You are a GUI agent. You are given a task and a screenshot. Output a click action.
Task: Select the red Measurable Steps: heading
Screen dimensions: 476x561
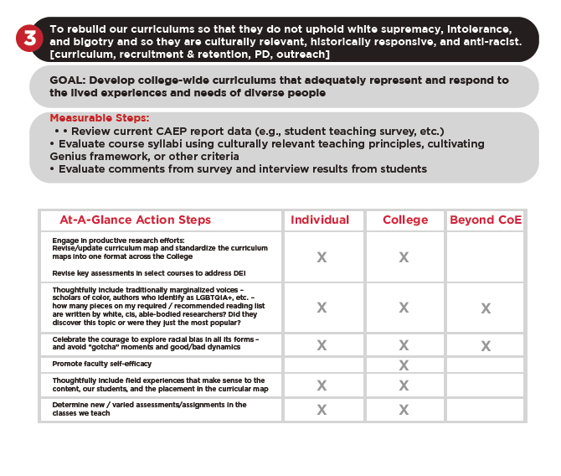(x=100, y=118)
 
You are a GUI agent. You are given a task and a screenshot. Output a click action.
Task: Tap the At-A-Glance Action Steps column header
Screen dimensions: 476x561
(x=135, y=220)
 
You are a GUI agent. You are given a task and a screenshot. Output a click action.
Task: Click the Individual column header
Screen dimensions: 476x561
(x=320, y=220)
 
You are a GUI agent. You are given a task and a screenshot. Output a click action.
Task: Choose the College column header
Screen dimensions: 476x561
(x=404, y=220)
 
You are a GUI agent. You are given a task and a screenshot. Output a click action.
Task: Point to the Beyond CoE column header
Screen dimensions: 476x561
(x=485, y=220)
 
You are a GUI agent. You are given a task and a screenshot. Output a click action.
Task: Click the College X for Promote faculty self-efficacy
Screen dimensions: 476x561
(x=404, y=365)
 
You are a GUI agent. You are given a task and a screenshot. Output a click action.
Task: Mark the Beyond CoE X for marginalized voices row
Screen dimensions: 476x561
(x=486, y=308)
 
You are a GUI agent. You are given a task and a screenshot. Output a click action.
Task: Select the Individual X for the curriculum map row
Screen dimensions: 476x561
(x=321, y=257)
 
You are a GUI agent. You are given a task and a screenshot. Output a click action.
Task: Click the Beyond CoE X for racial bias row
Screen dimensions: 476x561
(x=486, y=344)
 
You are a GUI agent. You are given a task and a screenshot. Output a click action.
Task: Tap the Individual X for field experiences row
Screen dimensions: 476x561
(x=321, y=385)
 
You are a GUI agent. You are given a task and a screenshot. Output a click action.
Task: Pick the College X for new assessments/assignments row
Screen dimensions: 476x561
(x=404, y=410)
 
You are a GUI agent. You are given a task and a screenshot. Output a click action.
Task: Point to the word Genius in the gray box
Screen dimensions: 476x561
(x=69, y=157)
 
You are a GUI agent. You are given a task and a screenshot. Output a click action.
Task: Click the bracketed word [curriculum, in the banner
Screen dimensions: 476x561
(x=81, y=54)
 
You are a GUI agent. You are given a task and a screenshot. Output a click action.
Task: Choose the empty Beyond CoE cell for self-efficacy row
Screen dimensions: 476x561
(x=486, y=365)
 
